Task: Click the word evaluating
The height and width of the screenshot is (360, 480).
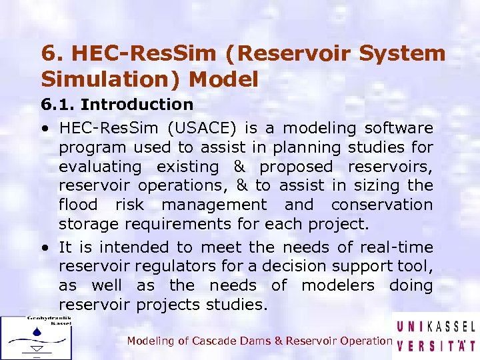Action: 100,166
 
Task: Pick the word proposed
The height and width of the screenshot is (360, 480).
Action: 296,166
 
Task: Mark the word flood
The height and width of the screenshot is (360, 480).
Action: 78,204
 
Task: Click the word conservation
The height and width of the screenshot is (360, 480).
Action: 382,204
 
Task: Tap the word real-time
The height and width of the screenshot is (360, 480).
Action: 397,247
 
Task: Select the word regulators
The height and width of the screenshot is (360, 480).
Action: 173,266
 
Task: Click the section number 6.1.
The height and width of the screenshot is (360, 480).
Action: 58,104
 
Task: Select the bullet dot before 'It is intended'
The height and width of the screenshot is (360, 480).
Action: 43,247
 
